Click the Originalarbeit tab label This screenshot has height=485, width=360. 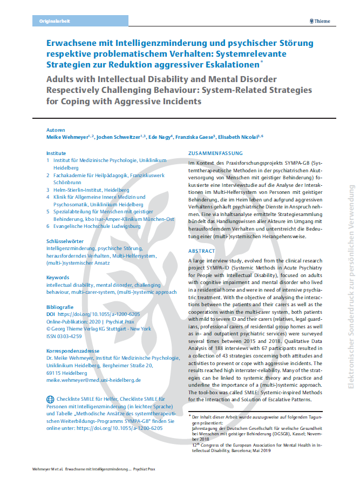pyautogui.click(x=55, y=21)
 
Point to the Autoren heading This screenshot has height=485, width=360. pyautogui.click(x=56, y=130)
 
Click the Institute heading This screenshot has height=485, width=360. pyautogui.click(x=56, y=153)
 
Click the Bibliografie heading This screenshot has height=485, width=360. pyautogui.click(x=60, y=306)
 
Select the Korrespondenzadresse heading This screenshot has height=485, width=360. pyautogui.click(x=72, y=351)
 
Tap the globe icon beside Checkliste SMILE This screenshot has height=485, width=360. pyautogui.click(x=50, y=400)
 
